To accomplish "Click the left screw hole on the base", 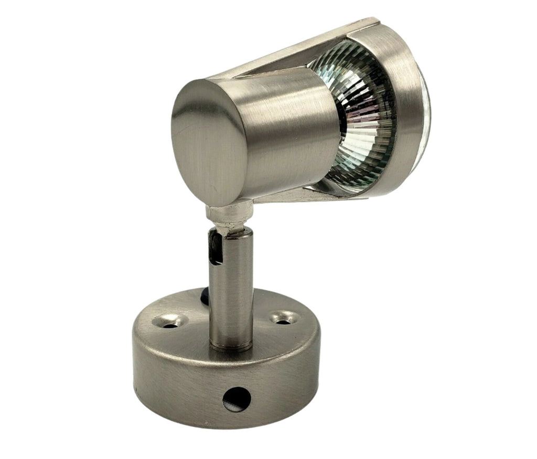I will coord(170,322).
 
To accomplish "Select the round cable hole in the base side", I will coord(237,400).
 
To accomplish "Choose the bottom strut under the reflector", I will coord(304,196).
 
